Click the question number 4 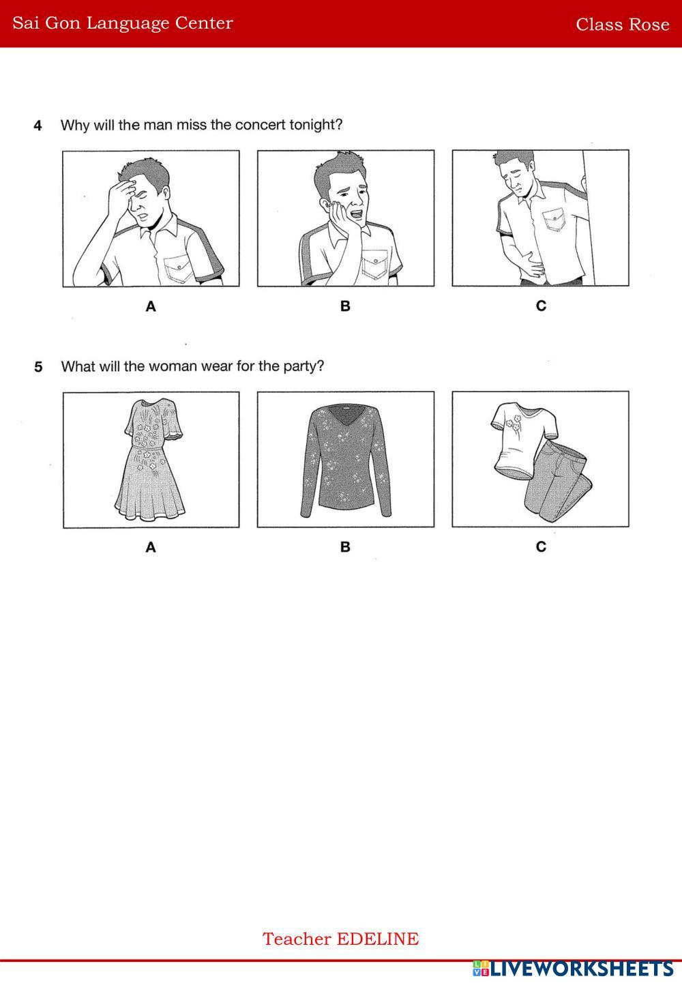[38, 126]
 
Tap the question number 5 [38, 367]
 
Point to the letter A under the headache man [151, 306]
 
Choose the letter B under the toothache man [345, 306]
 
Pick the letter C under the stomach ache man [541, 306]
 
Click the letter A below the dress [151, 547]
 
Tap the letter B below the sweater [345, 546]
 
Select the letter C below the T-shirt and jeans [541, 546]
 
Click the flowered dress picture [150, 460]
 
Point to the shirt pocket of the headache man [179, 267]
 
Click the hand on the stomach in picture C [531, 263]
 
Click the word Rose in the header [649, 25]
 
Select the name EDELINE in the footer [378, 939]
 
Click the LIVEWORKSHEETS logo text [581, 969]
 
